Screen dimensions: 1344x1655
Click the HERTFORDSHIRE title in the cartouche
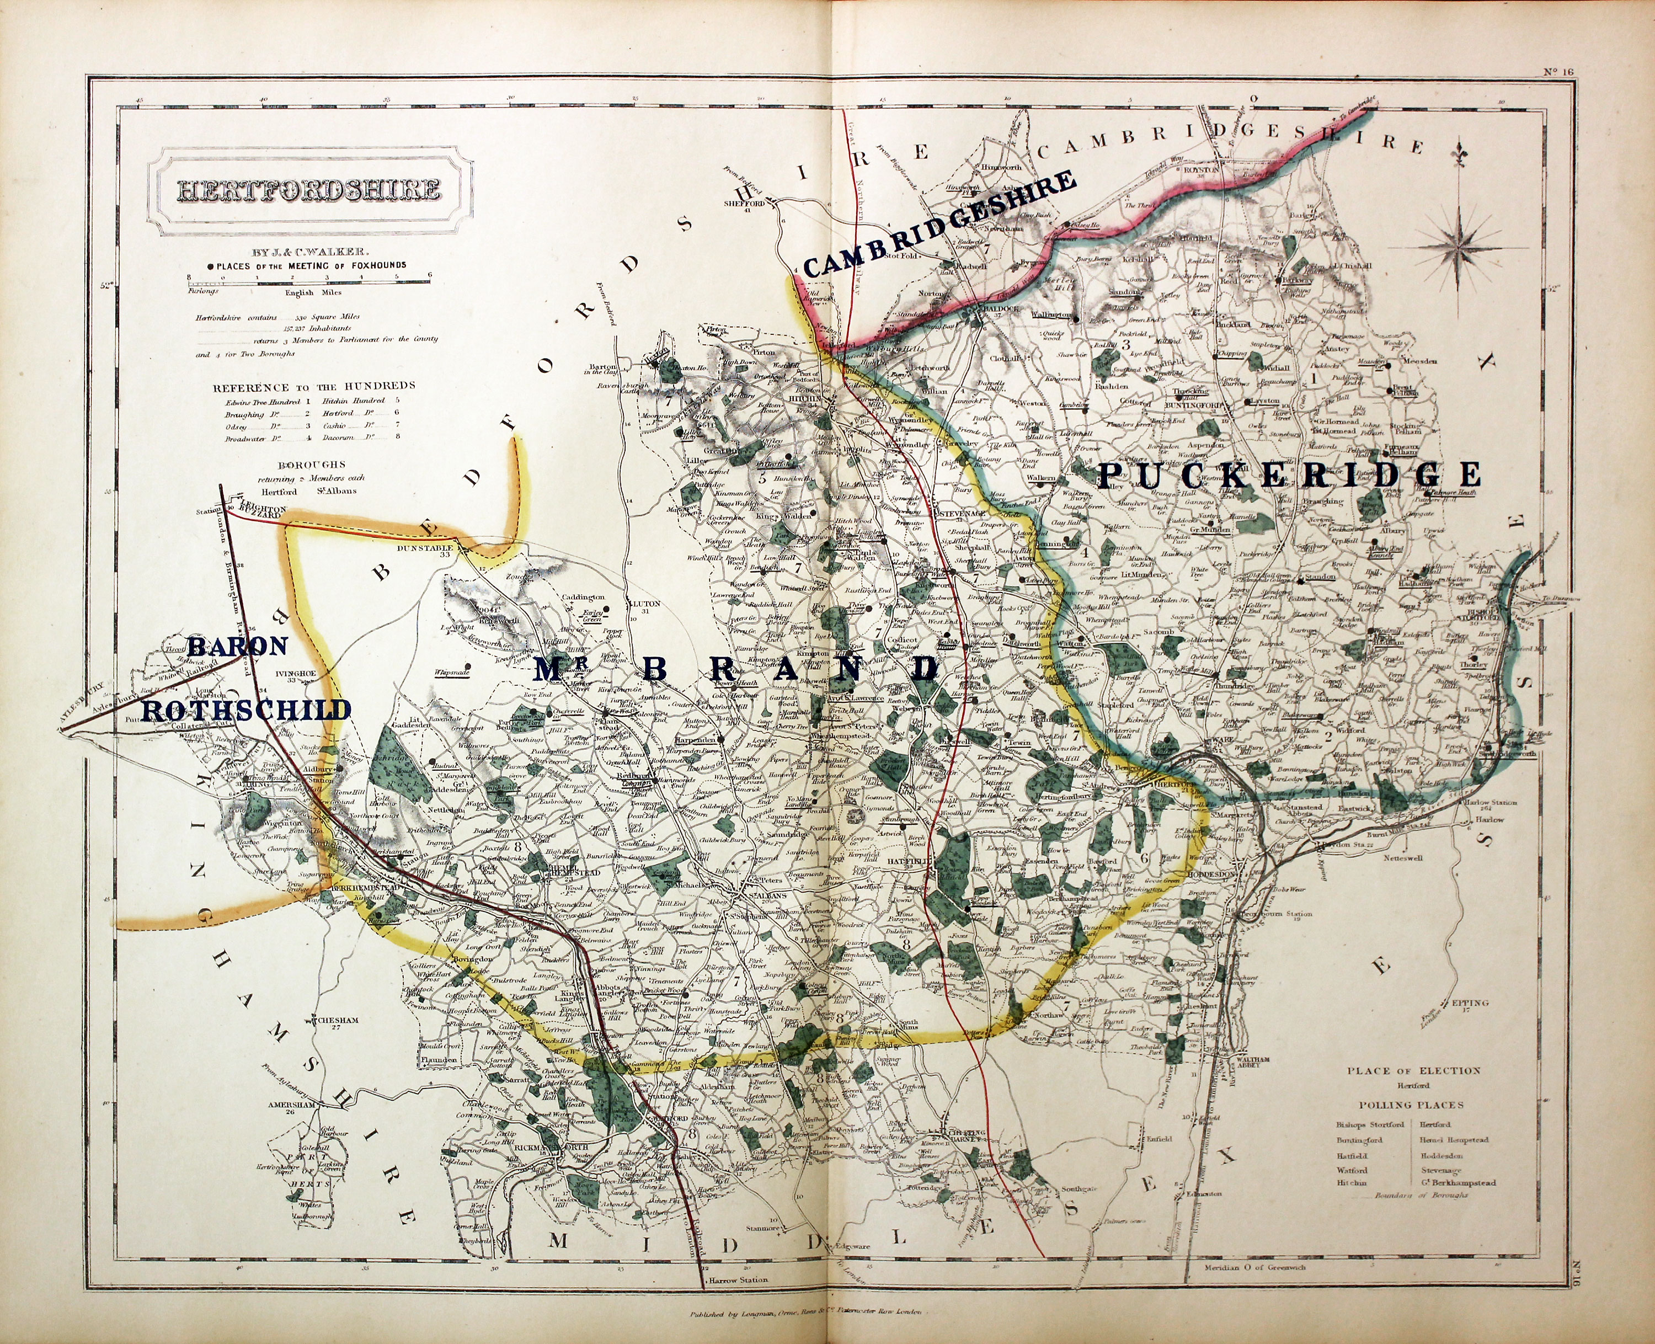click(x=308, y=190)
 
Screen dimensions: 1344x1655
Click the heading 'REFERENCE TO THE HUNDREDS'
click(x=314, y=386)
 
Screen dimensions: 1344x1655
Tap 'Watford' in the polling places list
click(x=1352, y=1171)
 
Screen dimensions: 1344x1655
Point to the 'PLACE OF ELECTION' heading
click(x=1413, y=1071)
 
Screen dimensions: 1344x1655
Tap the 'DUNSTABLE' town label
click(x=424, y=547)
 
